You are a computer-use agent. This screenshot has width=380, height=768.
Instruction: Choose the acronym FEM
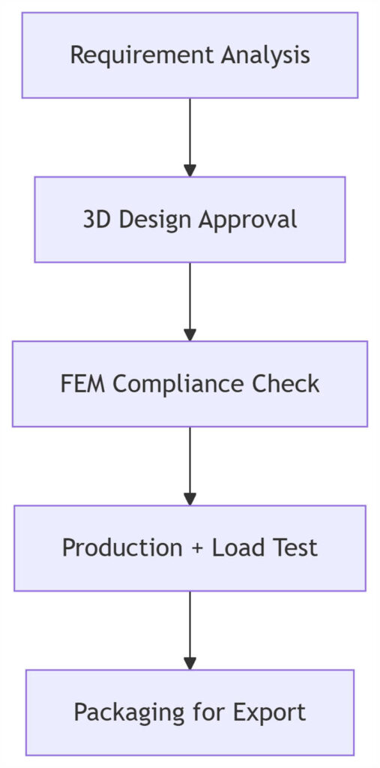83,384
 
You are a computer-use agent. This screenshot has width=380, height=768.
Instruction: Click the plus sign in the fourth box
197,548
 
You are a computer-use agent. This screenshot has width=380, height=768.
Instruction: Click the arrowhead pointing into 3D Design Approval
190,170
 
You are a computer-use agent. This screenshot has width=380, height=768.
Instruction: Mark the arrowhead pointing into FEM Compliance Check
190,334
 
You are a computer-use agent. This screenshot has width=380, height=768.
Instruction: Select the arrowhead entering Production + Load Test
190,499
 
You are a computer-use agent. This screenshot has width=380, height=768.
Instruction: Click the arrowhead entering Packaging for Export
190,663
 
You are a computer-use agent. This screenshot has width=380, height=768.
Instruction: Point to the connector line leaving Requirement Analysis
190,131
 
